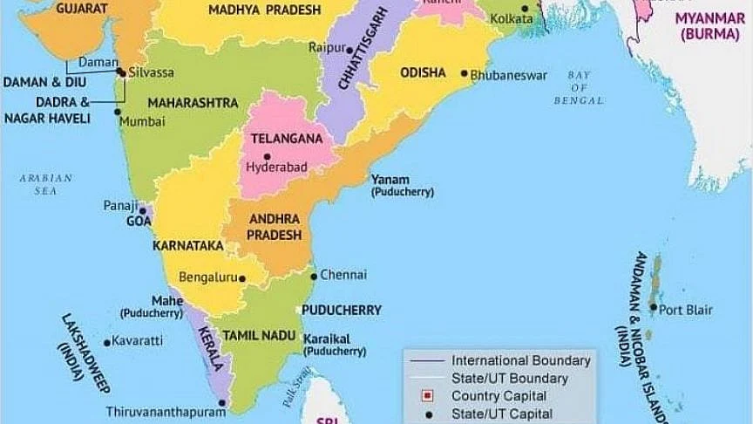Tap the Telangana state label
point(287,139)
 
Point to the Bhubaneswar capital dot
point(464,74)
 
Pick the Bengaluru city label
point(207,278)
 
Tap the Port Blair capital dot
point(653,308)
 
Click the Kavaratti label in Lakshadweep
point(139,341)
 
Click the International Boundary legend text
point(520,360)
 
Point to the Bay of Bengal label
point(579,88)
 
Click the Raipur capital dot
point(353,49)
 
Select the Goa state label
point(139,222)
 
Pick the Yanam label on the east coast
point(389,179)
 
